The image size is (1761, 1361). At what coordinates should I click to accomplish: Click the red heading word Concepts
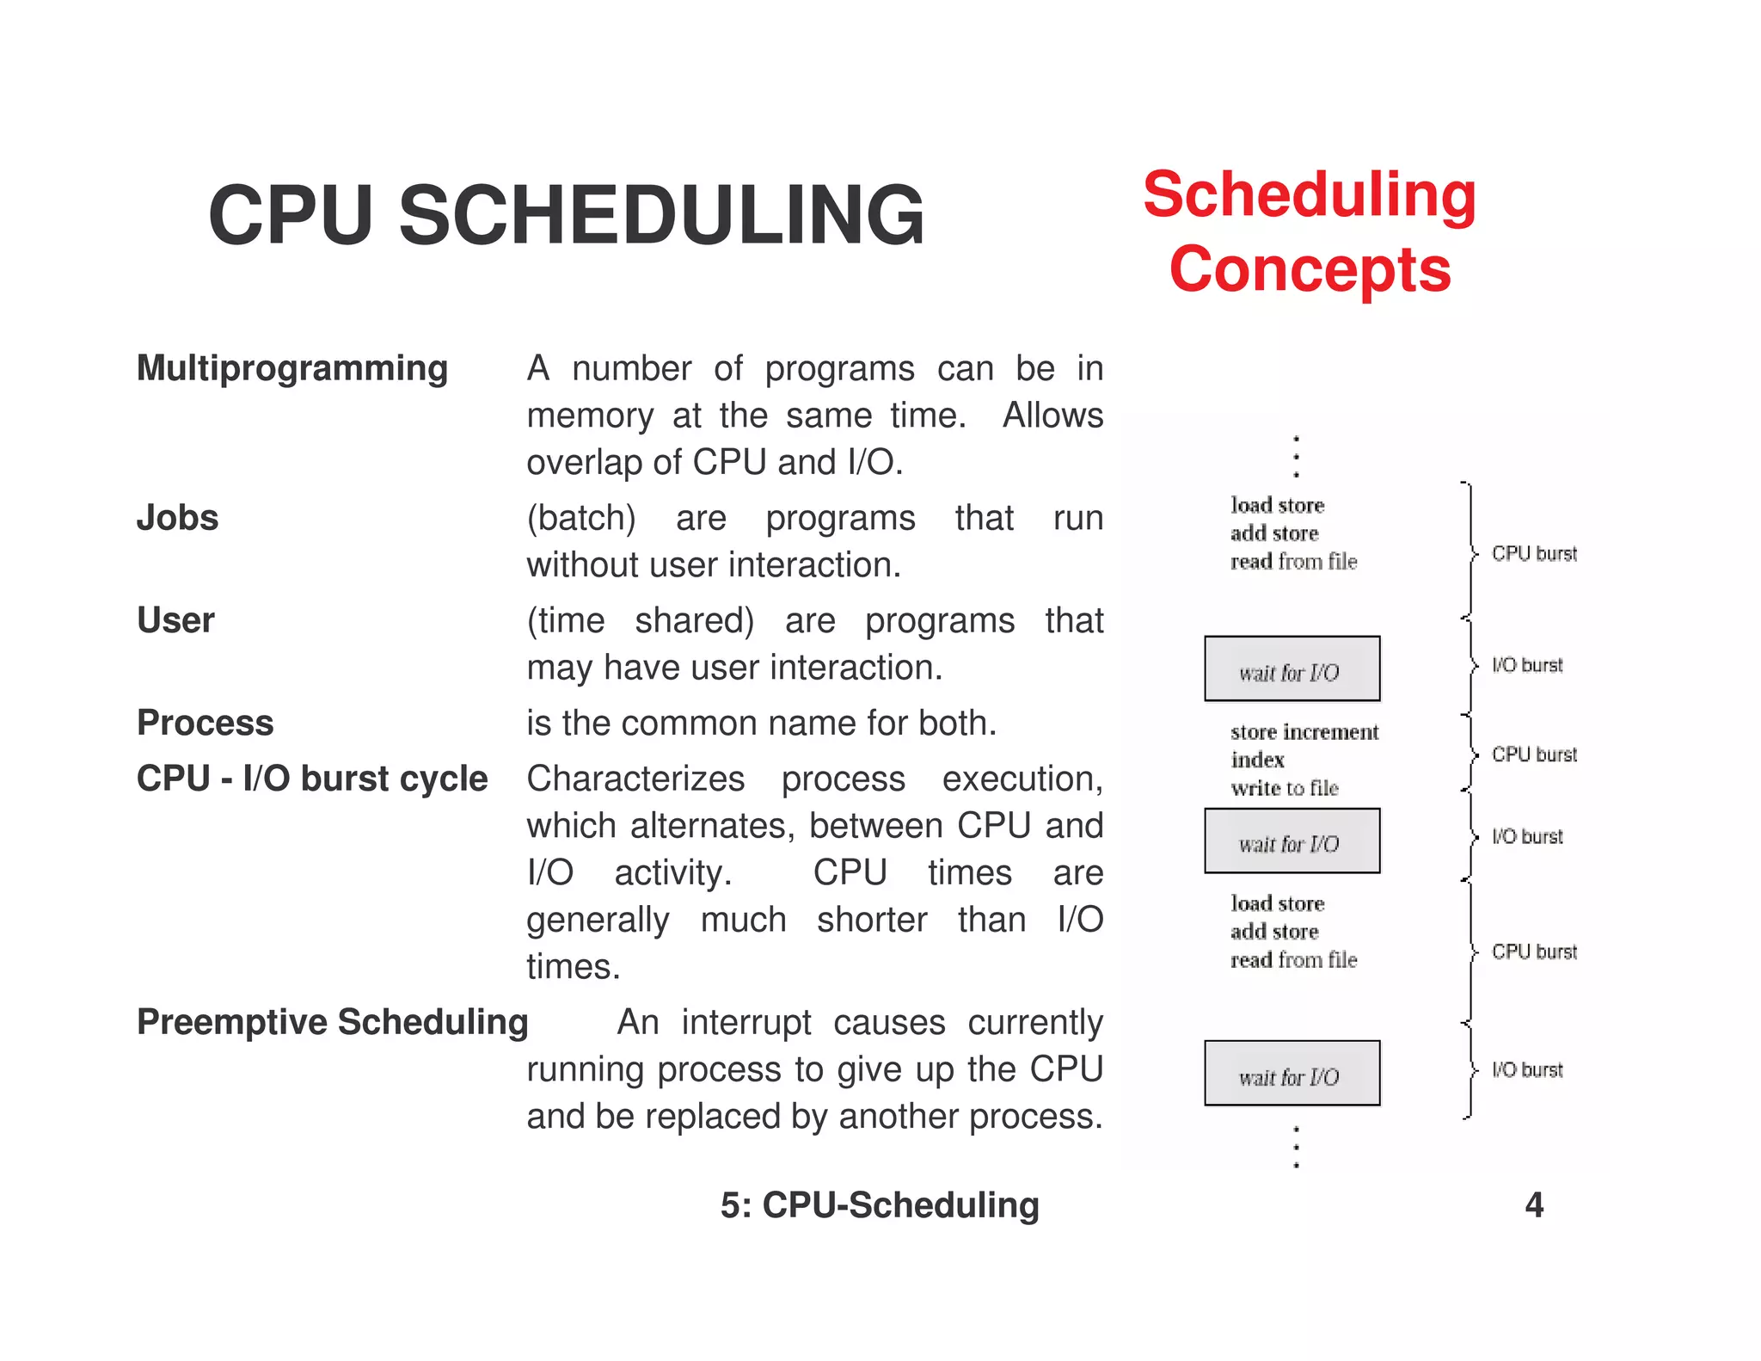tap(1310, 269)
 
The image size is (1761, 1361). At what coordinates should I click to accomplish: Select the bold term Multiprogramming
tap(292, 368)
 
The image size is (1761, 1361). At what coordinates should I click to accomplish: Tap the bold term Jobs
tap(177, 518)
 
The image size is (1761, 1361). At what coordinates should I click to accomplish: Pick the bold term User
tap(175, 620)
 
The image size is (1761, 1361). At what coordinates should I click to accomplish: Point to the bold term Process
tap(205, 723)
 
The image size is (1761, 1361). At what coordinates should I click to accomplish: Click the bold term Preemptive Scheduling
tap(332, 1022)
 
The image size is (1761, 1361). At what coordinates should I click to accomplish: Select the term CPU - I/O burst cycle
tap(312, 779)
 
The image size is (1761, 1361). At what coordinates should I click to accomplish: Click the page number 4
tap(1534, 1204)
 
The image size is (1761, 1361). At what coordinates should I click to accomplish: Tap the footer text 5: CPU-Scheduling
tap(880, 1204)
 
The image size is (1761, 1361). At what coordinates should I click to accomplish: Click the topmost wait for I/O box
tap(1292, 669)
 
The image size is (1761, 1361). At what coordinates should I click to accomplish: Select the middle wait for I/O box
tap(1292, 841)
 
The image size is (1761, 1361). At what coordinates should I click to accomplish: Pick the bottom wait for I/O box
tap(1292, 1074)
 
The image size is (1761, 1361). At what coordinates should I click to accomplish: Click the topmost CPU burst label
tap(1534, 553)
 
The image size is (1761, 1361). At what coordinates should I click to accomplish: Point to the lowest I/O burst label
tap(1527, 1069)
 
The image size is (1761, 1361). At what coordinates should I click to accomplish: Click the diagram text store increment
tap(1304, 732)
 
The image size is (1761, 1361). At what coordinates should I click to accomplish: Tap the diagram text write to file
tap(1285, 788)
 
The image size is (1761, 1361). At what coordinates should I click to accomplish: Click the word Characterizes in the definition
tap(635, 779)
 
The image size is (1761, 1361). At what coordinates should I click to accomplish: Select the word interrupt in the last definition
tap(746, 1022)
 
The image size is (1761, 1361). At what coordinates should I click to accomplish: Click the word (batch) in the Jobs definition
tap(581, 518)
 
